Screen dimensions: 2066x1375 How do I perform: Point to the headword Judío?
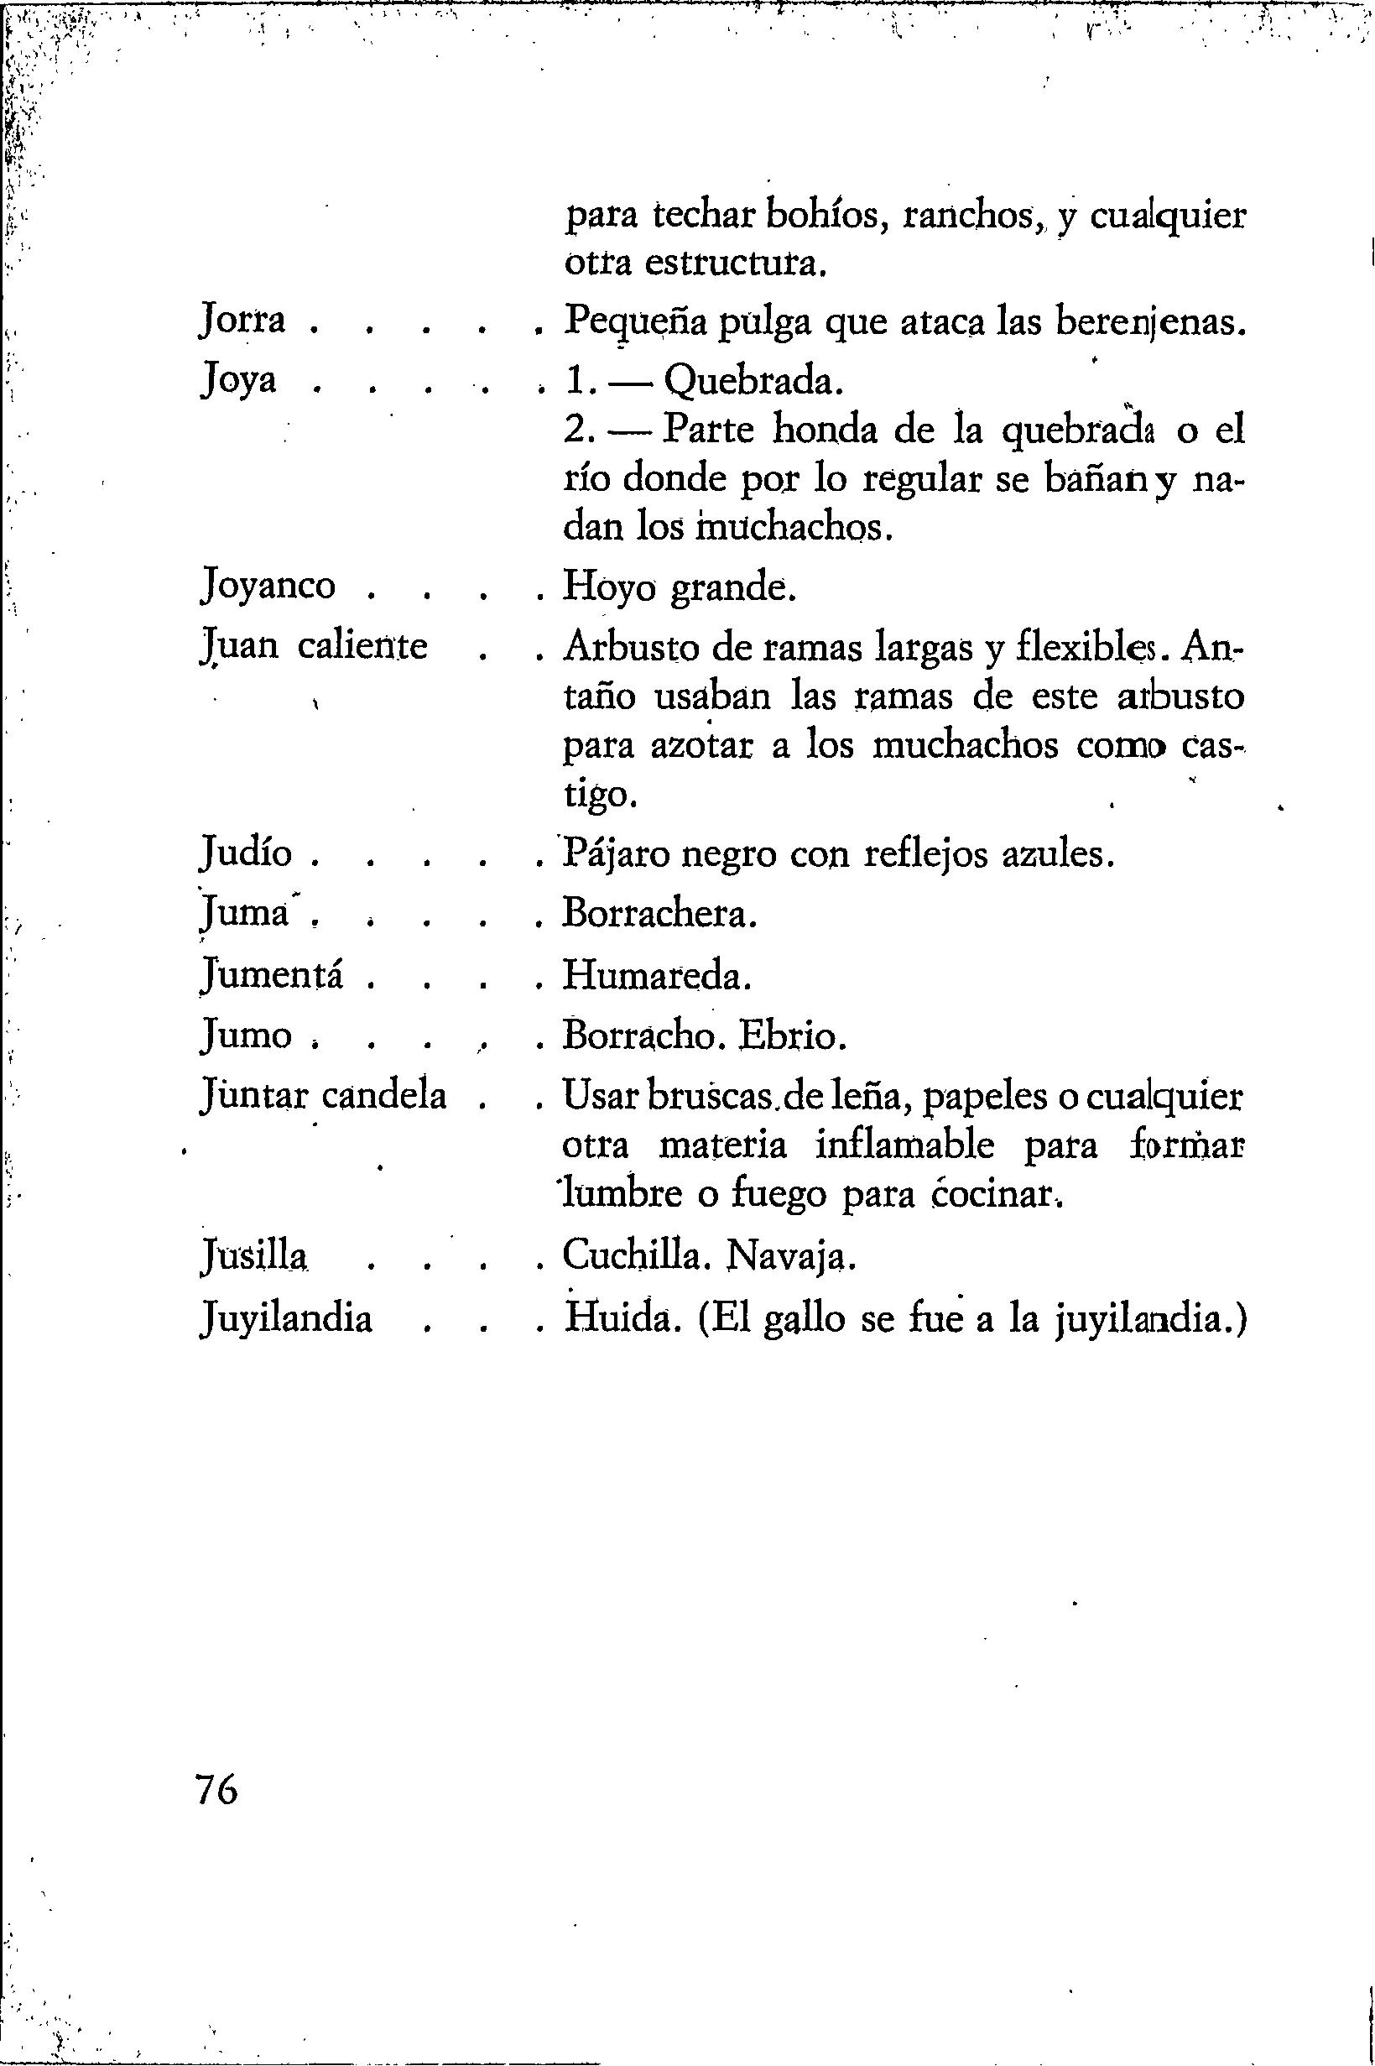coord(245,853)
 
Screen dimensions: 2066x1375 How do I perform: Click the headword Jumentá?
coord(271,975)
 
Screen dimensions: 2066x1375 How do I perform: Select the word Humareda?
coord(657,976)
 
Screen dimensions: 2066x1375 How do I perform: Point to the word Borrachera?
coord(658,915)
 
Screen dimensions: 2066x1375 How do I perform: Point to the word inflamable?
coord(904,1147)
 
